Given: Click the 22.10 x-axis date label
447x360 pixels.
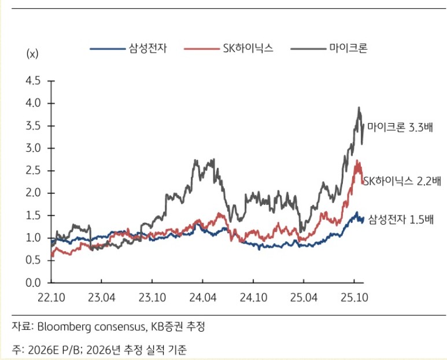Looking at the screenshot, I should pos(52,297).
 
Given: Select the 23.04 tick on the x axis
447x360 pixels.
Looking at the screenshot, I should pos(101,297).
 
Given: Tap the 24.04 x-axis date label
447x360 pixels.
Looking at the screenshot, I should pos(202,297).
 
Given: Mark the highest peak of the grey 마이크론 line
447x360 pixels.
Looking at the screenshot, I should pos(359,108).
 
